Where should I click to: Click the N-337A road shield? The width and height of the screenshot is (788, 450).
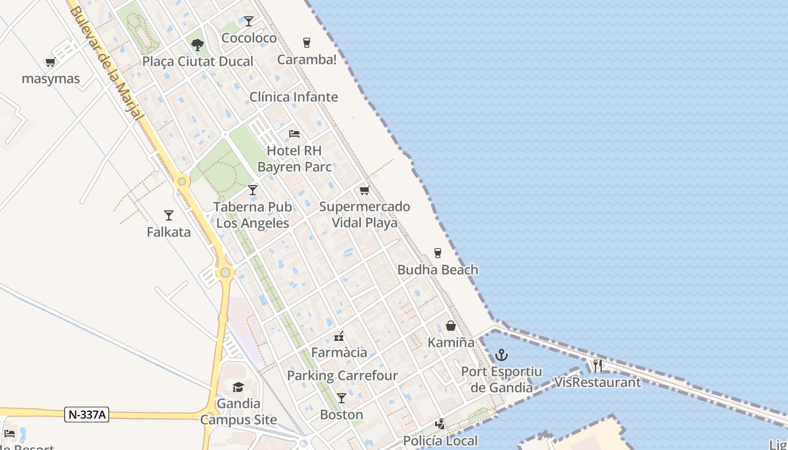87,415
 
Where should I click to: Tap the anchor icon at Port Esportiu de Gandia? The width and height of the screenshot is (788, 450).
501,355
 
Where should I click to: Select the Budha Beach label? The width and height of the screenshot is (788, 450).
438,269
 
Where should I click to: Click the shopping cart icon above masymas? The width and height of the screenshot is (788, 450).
50,62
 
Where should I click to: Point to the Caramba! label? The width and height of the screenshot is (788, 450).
307,60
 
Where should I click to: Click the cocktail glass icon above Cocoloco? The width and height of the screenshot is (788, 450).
249,21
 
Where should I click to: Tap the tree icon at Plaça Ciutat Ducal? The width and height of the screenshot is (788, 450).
197,44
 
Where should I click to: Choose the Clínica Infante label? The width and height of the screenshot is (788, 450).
294,97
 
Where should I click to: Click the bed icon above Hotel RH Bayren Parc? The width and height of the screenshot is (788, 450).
294,134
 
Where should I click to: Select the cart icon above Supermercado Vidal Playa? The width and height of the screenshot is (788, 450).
364,191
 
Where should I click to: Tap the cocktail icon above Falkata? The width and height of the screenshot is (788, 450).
168,215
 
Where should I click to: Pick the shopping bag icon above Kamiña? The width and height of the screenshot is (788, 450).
451,326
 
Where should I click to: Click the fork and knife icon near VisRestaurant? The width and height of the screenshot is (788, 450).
597,366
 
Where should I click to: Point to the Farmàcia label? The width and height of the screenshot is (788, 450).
339,353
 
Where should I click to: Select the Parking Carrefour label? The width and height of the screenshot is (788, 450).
342,375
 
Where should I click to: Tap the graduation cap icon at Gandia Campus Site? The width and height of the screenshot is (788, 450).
238,387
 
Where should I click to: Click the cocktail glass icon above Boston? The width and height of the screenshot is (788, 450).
341,398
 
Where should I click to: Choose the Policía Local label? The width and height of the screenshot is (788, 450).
440,440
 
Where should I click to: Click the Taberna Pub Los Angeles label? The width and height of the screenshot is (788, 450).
253,215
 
